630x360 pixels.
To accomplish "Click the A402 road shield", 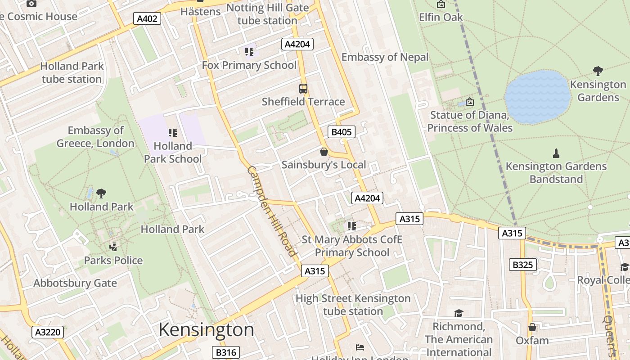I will click(147, 18).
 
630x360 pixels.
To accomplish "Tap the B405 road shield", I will click(342, 132).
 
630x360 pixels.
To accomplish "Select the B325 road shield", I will click(523, 265).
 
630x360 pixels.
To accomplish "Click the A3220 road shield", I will click(48, 332).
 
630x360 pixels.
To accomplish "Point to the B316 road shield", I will click(225, 352).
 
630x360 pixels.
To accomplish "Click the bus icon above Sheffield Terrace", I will click(303, 88).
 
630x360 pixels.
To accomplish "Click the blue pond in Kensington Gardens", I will click(537, 97).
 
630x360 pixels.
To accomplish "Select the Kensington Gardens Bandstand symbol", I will click(556, 153).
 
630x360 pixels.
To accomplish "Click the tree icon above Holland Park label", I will click(101, 193).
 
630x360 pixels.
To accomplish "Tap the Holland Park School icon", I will click(172, 132).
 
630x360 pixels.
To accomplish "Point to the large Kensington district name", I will click(206, 330).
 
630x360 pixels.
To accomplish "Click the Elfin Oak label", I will click(441, 17).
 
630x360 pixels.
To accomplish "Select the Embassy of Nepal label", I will click(385, 57).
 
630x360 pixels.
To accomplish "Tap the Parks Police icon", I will click(113, 247).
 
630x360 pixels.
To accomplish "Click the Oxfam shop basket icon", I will click(532, 327).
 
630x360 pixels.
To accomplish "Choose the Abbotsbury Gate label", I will click(75, 283).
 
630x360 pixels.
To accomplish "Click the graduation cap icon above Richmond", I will click(459, 313).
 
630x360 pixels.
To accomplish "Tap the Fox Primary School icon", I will click(249, 51).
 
